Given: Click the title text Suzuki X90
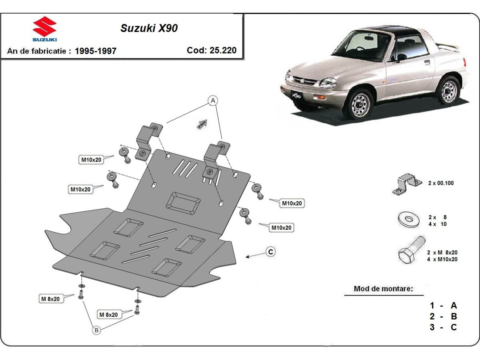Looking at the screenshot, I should [x=149, y=28].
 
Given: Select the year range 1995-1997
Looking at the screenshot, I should [x=96, y=51].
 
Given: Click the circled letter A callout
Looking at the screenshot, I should [x=213, y=100].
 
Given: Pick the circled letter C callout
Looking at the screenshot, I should [x=271, y=252].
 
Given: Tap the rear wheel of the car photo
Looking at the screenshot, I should [x=448, y=90].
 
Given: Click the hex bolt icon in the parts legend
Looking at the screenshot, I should [x=410, y=251].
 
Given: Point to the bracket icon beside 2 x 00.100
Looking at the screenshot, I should [x=407, y=184].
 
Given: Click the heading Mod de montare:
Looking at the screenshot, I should [x=383, y=289].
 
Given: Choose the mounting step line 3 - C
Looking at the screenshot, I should [x=443, y=327].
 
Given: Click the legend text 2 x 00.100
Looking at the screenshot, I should [x=441, y=183].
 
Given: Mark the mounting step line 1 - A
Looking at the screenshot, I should [x=443, y=306].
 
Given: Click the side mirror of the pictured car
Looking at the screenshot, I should [x=401, y=57].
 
